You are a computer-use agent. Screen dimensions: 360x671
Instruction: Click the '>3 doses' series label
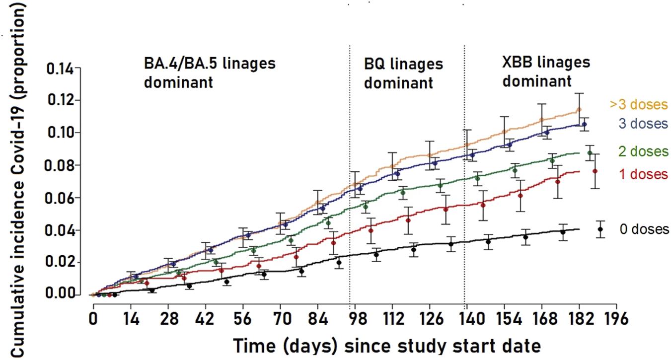point(639,105)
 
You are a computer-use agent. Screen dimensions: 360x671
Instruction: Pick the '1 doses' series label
point(643,174)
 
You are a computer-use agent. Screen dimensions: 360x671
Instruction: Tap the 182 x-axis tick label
point(579,318)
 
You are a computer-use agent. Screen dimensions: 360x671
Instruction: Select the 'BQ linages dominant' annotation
point(403,73)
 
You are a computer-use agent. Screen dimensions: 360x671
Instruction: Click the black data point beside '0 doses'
point(600,229)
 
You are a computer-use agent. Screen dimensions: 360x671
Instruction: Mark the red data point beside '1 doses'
point(595,171)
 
